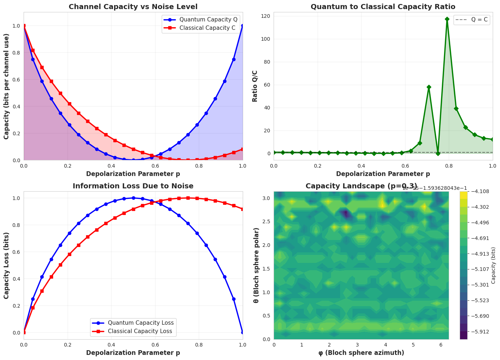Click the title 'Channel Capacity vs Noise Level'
click(x=133, y=7)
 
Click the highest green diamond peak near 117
click(x=447, y=19)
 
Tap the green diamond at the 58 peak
click(x=429, y=87)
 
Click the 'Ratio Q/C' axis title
click(x=255, y=86)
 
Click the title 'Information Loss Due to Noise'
click(x=133, y=186)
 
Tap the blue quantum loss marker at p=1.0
click(x=243, y=332)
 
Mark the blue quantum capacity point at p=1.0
click(x=243, y=26)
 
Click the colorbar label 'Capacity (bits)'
click(x=493, y=265)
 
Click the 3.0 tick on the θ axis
click(x=267, y=198)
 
